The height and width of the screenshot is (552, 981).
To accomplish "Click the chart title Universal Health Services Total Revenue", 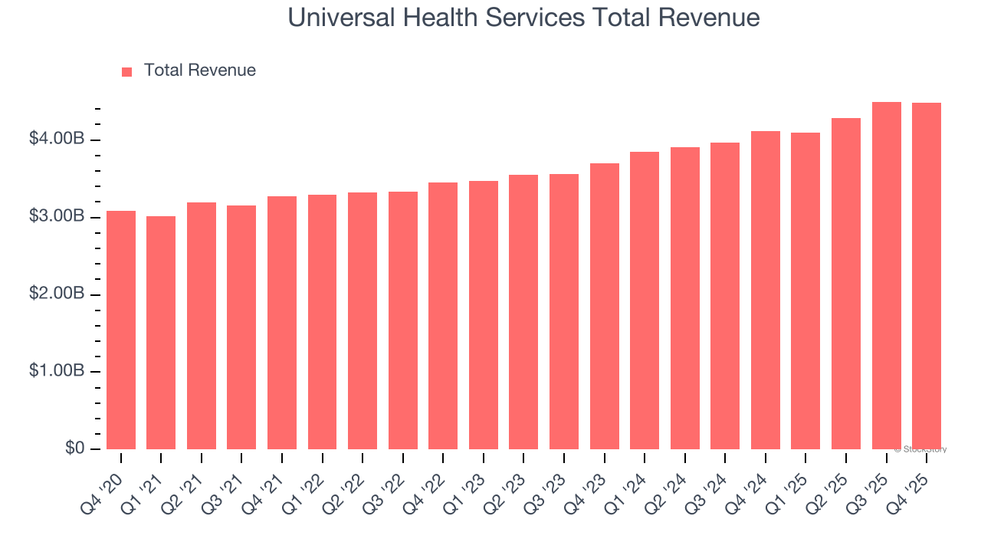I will [x=523, y=18].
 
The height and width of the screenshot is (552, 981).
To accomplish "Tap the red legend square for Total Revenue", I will [x=127, y=71].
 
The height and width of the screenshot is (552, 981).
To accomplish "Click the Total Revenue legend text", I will [x=199, y=71].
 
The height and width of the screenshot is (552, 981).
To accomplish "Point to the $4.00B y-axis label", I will [x=57, y=140].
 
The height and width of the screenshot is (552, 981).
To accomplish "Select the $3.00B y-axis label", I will [x=57, y=217].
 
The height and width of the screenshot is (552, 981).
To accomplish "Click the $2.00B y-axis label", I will [x=57, y=294].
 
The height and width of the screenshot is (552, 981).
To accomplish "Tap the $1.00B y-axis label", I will [x=57, y=372].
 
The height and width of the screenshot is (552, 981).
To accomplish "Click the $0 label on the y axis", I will [x=74, y=449].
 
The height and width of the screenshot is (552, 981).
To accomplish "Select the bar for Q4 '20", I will [x=121, y=330].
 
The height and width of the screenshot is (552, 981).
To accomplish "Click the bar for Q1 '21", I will [x=161, y=333].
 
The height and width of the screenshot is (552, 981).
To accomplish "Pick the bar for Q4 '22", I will [x=443, y=316].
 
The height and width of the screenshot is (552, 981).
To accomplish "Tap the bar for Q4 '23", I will [x=604, y=307].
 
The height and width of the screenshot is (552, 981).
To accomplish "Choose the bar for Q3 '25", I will [x=886, y=276].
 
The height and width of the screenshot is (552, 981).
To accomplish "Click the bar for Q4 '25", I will [x=927, y=276].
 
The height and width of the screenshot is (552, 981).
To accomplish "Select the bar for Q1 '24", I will [x=645, y=301].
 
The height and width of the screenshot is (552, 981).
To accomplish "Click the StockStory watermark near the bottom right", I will [x=921, y=449].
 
